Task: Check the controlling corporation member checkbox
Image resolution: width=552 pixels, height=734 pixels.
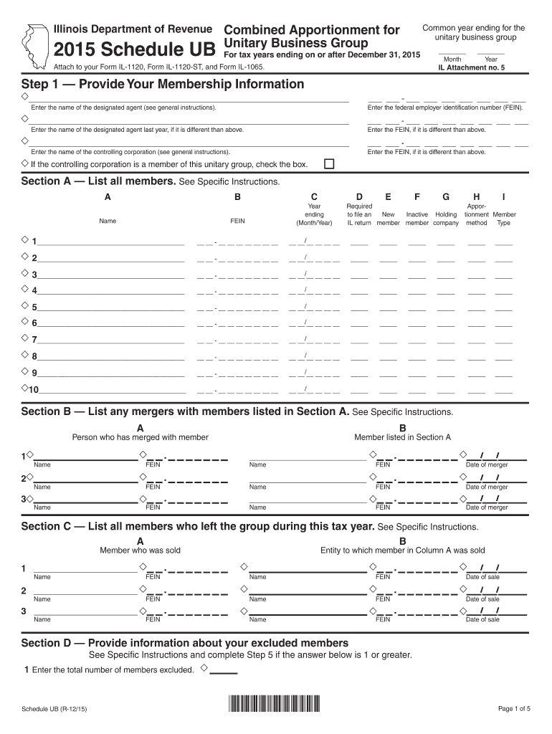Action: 329,164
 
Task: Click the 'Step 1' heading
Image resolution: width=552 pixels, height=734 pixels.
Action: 163,85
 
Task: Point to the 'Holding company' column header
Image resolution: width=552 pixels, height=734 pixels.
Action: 446,219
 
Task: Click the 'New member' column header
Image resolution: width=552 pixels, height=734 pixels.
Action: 388,219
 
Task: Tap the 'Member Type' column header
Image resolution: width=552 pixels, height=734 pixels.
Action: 504,219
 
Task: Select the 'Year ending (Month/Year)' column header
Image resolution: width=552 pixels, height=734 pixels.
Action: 314,214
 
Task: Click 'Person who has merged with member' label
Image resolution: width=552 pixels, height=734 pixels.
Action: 141,437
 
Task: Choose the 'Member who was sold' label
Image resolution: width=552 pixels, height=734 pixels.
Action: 140,550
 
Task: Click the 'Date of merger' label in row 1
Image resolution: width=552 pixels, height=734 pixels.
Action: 487,464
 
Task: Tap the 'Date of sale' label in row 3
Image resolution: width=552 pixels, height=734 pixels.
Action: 482,619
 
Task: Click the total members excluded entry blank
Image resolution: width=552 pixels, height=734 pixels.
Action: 223,672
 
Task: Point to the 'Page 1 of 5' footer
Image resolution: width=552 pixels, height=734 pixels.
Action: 514,709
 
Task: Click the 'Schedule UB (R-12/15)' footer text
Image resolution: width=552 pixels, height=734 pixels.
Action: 54,709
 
